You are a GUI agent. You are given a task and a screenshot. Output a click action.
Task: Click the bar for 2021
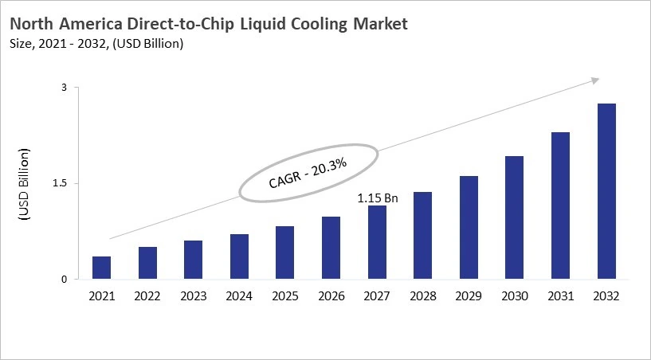tap(101, 268)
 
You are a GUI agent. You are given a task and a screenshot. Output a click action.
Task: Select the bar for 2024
tap(239, 256)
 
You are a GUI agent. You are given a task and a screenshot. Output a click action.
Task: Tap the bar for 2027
tap(377, 242)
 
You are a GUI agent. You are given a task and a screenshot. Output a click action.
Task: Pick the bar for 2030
tap(514, 217)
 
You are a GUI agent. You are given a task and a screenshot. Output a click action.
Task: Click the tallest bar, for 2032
tap(606, 191)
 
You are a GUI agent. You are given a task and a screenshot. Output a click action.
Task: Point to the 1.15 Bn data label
tap(377, 196)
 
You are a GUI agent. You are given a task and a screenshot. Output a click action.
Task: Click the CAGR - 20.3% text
tap(309, 171)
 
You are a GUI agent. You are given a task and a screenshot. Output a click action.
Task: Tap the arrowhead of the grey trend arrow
tap(594, 80)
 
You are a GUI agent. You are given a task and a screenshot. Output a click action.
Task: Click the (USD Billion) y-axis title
tap(24, 184)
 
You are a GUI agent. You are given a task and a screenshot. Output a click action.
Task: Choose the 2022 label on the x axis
tap(147, 295)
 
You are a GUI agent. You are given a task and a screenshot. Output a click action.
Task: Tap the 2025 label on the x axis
tap(285, 295)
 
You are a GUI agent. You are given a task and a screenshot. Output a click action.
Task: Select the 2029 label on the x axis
tap(469, 295)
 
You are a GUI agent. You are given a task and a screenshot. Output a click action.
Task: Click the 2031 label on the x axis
tap(560, 295)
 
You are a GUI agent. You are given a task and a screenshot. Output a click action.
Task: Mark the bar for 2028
tap(422, 236)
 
